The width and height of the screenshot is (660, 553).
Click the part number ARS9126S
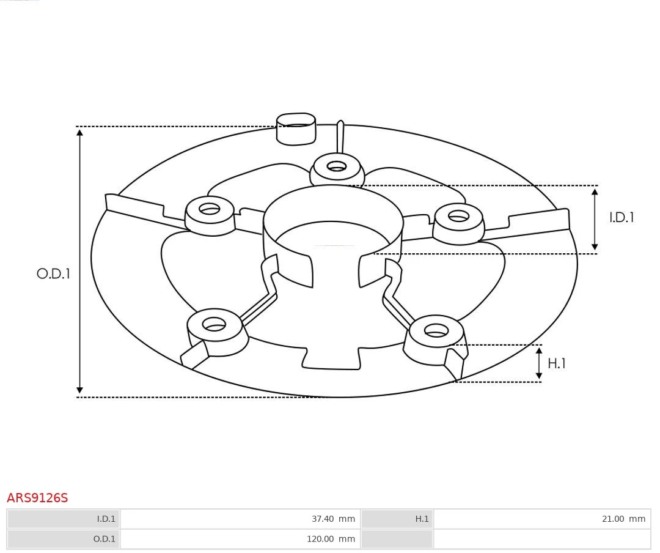click(37, 498)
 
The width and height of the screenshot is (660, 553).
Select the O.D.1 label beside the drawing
click(53, 274)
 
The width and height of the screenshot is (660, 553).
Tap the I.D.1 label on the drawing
click(621, 218)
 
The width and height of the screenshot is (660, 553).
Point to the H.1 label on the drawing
click(556, 363)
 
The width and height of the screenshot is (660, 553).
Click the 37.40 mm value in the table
click(332, 519)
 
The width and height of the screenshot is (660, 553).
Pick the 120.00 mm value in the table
click(330, 539)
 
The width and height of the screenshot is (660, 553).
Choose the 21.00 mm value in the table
click(623, 519)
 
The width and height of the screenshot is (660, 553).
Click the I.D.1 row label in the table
click(106, 519)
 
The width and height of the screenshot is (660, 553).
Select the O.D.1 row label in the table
click(104, 539)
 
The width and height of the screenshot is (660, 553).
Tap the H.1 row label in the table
click(422, 519)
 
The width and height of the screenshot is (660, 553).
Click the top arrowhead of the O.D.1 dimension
click(79, 132)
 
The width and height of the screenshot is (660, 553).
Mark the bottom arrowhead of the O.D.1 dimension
click(79, 390)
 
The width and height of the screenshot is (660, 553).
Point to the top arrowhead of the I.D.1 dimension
click(595, 192)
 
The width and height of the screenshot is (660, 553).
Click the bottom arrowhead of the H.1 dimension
click(539, 375)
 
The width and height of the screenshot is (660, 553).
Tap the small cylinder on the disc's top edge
click(296, 128)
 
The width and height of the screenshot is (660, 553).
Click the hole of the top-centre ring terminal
click(336, 166)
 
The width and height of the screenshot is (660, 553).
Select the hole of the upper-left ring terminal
click(209, 209)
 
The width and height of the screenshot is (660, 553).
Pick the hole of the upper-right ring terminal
click(458, 216)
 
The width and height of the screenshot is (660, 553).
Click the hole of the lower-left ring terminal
click(214, 324)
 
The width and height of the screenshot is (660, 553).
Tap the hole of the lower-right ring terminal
click(436, 331)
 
